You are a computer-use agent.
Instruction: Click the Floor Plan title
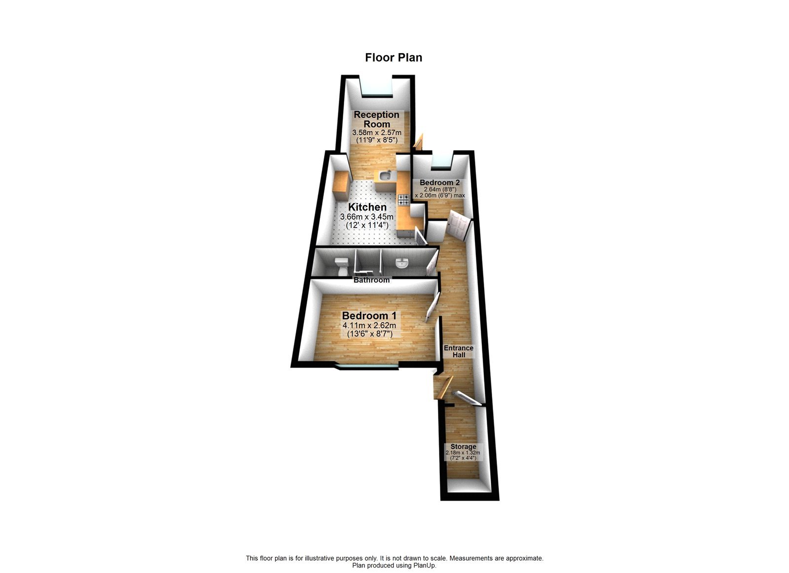(x=394, y=58)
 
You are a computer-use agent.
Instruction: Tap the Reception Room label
(x=377, y=119)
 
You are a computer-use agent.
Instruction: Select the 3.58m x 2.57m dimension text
(x=377, y=133)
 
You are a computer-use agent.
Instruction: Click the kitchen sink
(x=386, y=175)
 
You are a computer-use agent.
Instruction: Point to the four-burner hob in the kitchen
(x=403, y=200)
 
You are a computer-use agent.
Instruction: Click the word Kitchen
(x=367, y=207)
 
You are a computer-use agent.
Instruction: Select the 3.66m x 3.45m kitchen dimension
(x=367, y=217)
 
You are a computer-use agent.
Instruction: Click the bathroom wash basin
(x=402, y=264)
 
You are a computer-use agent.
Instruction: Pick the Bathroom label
(x=371, y=280)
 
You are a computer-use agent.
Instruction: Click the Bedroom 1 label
(x=369, y=315)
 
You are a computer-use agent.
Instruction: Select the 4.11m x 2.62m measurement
(x=369, y=326)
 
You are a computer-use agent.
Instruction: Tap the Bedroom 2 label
(x=440, y=182)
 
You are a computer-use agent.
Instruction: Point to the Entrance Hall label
(x=459, y=351)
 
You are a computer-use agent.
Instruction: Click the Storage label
(x=463, y=446)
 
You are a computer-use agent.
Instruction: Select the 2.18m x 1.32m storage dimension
(x=463, y=453)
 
